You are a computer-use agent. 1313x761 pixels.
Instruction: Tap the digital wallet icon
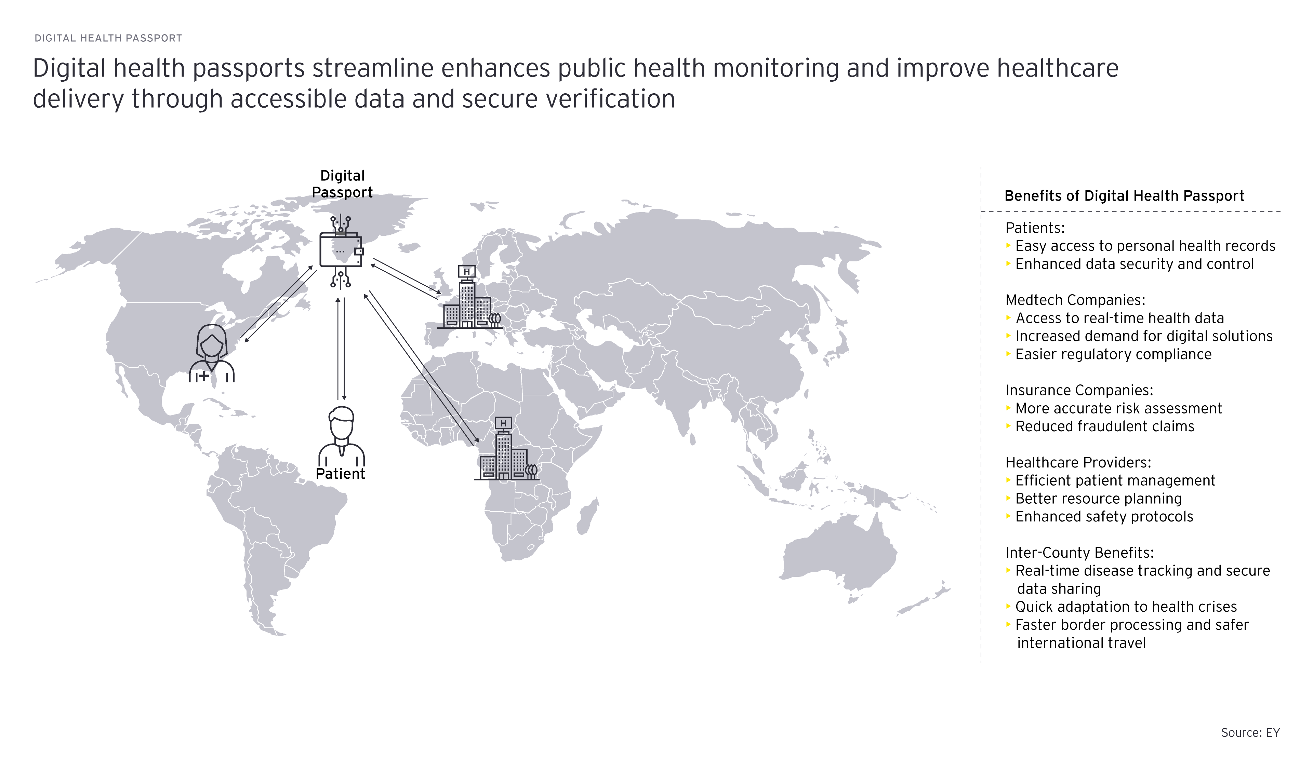341,251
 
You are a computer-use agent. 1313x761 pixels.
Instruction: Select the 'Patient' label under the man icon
341,474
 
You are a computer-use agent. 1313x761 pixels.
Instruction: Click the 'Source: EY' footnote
1250,733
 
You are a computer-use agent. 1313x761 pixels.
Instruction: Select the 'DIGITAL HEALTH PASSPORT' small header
108,38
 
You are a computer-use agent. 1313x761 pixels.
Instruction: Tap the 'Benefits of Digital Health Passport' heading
1124,196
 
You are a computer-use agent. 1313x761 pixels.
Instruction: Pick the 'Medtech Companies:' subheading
1075,300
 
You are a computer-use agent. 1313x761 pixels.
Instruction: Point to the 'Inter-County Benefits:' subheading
1079,553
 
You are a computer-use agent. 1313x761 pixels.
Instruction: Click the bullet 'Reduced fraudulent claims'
1104,426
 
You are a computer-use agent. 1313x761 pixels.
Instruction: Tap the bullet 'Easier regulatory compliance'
1113,354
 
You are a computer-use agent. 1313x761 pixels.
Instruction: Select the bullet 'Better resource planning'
1098,499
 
